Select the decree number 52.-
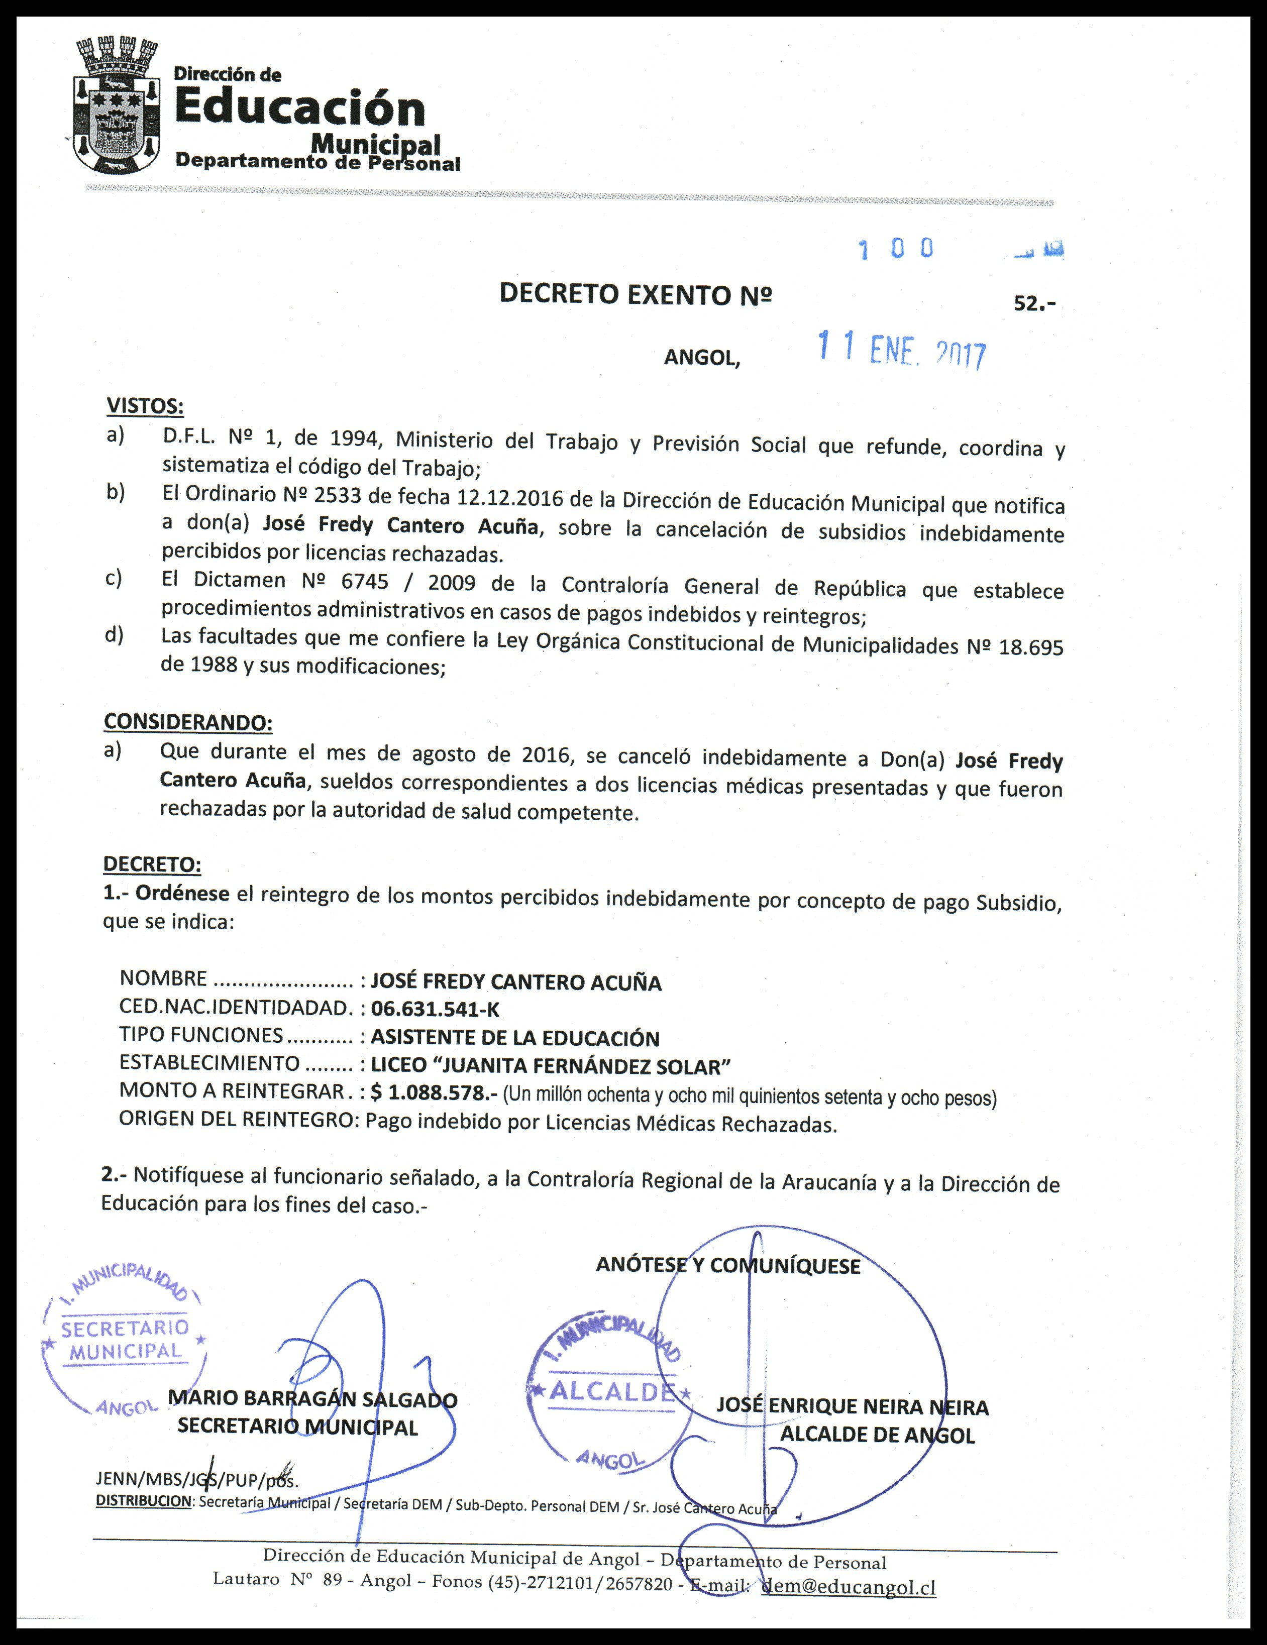pyautogui.click(x=1034, y=303)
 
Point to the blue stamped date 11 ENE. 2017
pyautogui.click(x=902, y=351)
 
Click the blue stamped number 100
pyautogui.click(x=896, y=249)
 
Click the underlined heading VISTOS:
pyautogui.click(x=145, y=406)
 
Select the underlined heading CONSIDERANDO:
pyautogui.click(x=187, y=722)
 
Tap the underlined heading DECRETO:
pyautogui.click(x=152, y=864)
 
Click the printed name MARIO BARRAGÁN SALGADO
pyautogui.click(x=312, y=1399)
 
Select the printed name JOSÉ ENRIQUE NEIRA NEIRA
pyautogui.click(x=852, y=1406)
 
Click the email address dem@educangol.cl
pyautogui.click(x=849, y=1587)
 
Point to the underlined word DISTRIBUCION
pyautogui.click(x=144, y=1500)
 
